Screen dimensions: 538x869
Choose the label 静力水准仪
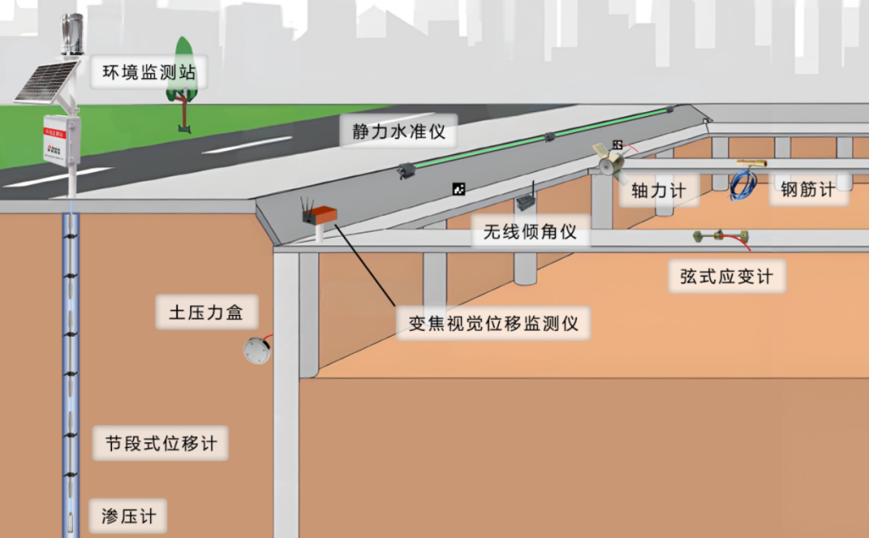click(399, 132)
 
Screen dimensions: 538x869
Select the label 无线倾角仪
click(530, 231)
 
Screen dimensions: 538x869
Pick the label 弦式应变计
click(726, 277)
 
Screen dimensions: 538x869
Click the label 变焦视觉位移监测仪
click(493, 323)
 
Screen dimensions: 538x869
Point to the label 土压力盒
click(200, 313)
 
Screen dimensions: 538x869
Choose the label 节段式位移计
click(161, 444)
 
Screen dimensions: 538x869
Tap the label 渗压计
click(128, 516)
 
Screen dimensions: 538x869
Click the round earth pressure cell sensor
click(256, 350)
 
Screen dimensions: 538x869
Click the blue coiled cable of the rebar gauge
click(743, 184)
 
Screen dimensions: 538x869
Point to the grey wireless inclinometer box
click(525, 203)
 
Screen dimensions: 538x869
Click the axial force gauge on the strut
click(609, 161)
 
